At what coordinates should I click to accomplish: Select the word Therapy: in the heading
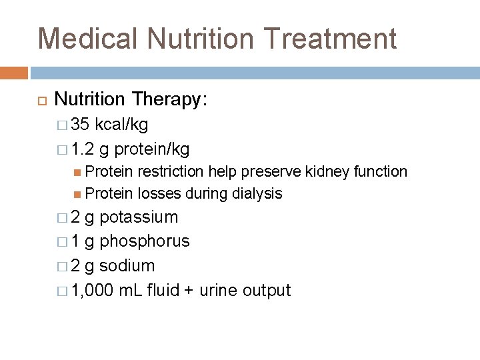click(170, 99)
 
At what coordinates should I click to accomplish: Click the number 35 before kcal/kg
click(81, 124)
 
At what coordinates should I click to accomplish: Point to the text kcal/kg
click(122, 124)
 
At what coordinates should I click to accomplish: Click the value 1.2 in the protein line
click(83, 148)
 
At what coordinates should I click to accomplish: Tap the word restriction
click(171, 171)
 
